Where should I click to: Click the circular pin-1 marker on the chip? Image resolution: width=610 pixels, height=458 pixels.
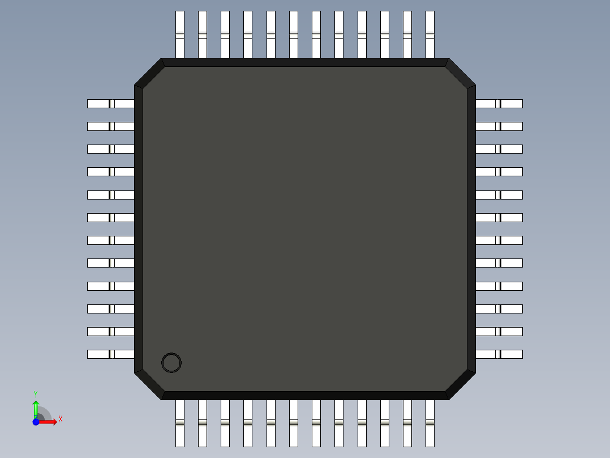171,363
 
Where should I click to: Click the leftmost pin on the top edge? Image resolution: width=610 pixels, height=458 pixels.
180,34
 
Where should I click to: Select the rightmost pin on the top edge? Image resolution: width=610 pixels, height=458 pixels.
429,34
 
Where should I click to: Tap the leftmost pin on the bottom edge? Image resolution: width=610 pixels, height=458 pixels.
180,423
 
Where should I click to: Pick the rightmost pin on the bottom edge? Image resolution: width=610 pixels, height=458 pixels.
429,423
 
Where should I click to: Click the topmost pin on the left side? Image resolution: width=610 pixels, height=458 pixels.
110,104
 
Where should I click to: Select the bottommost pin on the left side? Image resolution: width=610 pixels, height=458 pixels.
110,354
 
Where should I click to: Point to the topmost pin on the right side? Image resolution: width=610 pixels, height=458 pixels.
499,104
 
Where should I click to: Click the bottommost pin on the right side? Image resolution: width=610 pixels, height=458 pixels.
499,354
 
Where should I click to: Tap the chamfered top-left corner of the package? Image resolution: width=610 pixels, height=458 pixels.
149,73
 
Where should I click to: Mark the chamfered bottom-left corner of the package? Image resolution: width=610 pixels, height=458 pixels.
149,385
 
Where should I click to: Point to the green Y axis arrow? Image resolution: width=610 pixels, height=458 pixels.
36,408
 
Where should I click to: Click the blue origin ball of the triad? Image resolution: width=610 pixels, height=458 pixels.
36,422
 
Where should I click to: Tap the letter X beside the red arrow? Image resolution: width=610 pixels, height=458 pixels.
60,419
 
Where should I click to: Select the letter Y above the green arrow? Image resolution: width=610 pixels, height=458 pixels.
36,394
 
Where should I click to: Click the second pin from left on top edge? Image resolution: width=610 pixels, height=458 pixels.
203,34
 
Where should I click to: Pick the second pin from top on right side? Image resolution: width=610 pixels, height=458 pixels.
499,126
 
